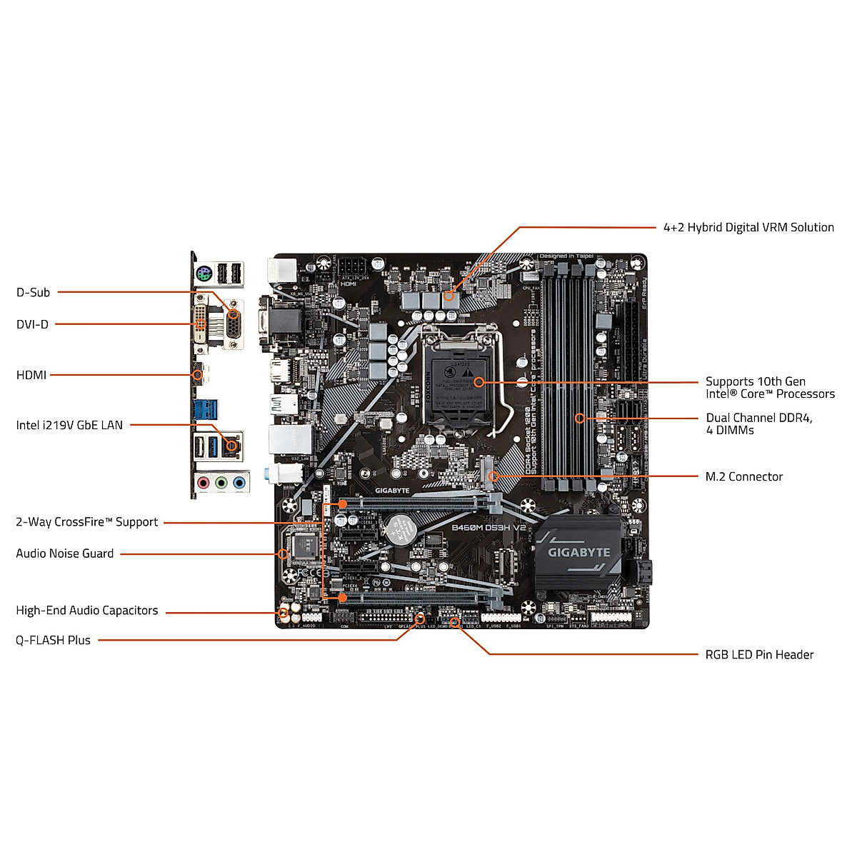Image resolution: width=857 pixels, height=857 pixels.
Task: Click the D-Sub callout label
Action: tap(33, 292)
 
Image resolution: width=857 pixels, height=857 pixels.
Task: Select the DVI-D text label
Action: tap(32, 324)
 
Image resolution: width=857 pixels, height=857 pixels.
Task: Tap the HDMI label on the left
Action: tap(31, 375)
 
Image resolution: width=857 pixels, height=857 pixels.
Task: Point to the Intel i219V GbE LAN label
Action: tap(69, 425)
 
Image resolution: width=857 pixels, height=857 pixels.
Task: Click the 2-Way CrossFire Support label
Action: tap(86, 522)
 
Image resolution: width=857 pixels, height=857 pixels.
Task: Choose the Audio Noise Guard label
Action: tap(64, 553)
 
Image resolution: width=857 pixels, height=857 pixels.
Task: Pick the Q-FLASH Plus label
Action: tap(53, 641)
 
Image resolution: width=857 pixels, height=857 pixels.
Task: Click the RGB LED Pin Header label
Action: tap(759, 655)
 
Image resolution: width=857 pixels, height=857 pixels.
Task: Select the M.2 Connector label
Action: tap(743, 476)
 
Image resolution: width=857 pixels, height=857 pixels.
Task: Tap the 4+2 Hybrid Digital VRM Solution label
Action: tap(748, 227)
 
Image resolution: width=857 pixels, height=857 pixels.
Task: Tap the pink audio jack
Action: tap(204, 483)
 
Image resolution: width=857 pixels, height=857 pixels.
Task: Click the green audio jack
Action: tap(221, 483)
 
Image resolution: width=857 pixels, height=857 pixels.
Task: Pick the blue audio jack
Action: tap(239, 483)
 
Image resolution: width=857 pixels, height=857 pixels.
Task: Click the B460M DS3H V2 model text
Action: tap(488, 527)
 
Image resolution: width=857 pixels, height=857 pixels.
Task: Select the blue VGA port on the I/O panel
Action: tap(234, 326)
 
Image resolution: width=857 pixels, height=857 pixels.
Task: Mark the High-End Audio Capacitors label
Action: tap(86, 611)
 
